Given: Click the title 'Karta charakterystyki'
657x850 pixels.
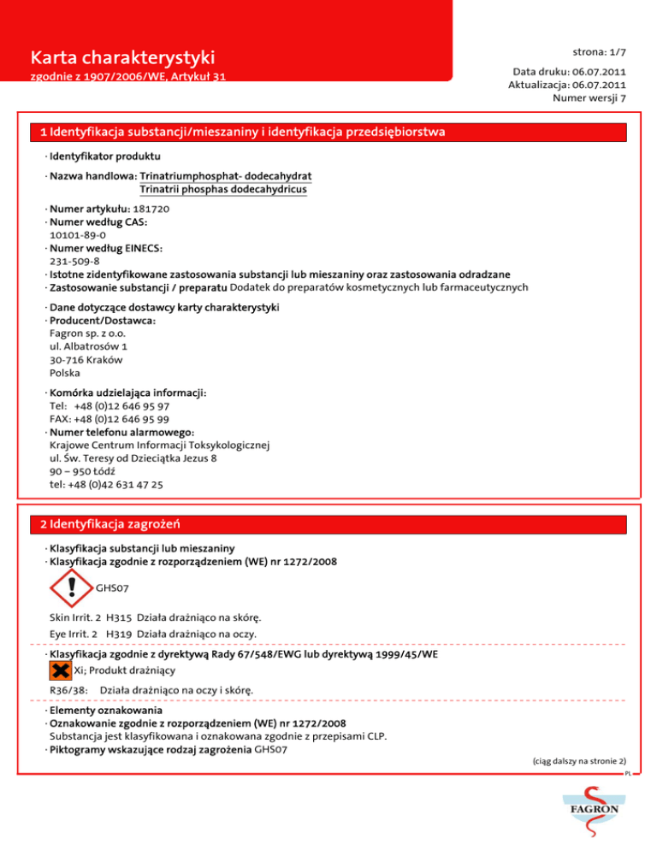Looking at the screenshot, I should (121, 58).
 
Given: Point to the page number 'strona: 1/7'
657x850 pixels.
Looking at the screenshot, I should (597, 52).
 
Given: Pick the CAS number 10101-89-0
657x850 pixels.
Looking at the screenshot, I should (78, 235).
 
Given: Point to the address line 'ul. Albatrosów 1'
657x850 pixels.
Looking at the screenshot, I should (89, 347).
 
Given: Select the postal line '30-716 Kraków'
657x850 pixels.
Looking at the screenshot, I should (86, 360).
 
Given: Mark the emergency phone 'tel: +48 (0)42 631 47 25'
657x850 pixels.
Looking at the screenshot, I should (108, 484).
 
